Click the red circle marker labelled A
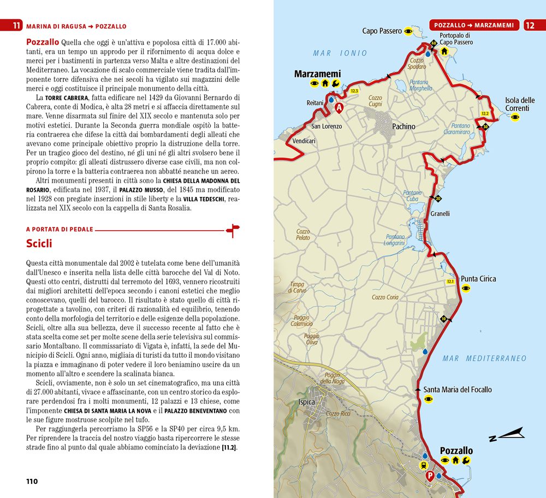click(x=339, y=108)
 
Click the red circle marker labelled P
click(x=430, y=475)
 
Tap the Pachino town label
click(x=403, y=127)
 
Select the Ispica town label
click(x=307, y=402)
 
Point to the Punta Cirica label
click(x=478, y=279)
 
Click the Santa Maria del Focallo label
click(x=458, y=389)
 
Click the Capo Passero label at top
click(x=382, y=31)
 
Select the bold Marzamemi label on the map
click(x=317, y=74)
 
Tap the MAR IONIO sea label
click(x=340, y=53)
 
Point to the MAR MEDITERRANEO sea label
click(x=485, y=358)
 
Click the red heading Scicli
click(x=39, y=243)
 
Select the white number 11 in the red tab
click(x=17, y=26)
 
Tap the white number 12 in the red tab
click(x=530, y=25)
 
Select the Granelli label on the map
click(x=440, y=214)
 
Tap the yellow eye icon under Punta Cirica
click(x=466, y=289)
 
